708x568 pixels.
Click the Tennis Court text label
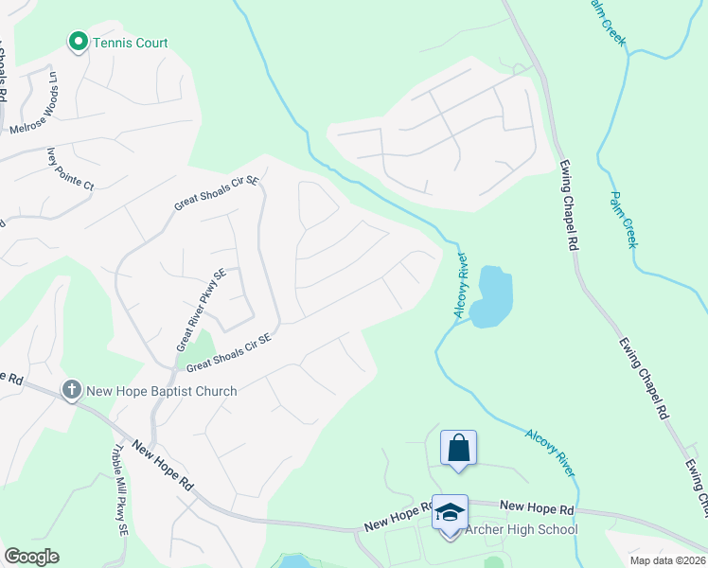[130, 43]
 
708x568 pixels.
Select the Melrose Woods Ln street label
[34, 103]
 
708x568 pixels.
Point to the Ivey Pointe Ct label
[71, 169]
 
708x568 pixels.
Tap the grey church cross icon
[71, 390]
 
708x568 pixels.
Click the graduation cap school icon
[450, 514]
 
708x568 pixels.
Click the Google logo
[31, 557]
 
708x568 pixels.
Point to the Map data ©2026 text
[666, 560]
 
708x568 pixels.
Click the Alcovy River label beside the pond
[461, 286]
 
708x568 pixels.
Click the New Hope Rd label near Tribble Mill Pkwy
[163, 464]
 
